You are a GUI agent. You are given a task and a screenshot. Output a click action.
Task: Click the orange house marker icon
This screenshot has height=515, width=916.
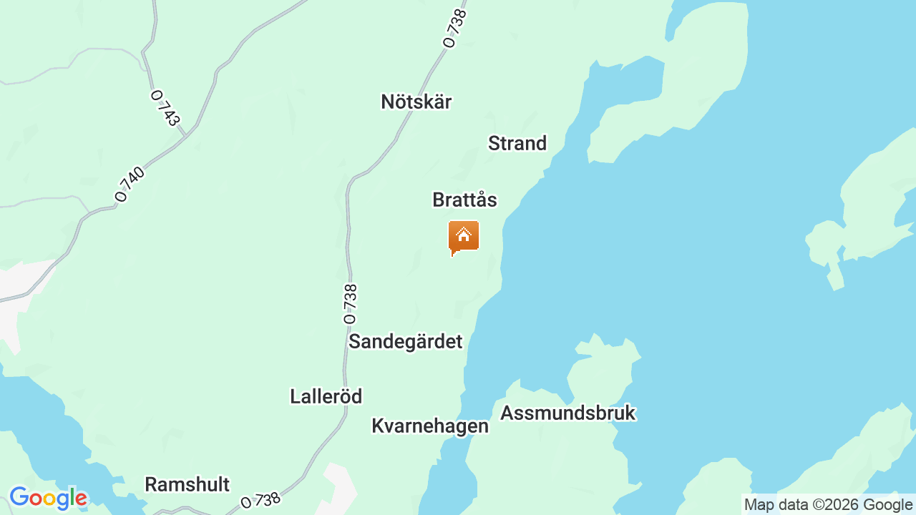coord(464,237)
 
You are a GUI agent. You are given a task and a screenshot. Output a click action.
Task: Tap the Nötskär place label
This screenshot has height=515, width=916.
coord(416,102)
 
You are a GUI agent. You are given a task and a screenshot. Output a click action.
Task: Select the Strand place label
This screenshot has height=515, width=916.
coord(517,143)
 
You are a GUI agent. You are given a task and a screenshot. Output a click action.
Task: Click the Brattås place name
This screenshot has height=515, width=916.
coord(464,200)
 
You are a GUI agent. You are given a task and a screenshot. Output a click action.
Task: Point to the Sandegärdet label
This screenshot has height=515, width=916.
coord(405,341)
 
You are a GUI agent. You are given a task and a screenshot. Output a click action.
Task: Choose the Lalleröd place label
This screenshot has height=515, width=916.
coord(326,396)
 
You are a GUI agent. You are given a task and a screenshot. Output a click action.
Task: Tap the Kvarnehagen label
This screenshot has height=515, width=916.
coord(429,426)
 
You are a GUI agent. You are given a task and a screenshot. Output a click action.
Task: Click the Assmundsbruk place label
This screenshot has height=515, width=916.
coord(567,413)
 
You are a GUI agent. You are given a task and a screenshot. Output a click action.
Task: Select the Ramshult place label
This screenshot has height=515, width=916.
coord(187,484)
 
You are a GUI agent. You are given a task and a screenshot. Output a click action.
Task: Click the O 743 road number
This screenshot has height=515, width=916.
coord(165,107)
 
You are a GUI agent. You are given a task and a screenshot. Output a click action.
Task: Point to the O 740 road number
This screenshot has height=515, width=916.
coord(130,185)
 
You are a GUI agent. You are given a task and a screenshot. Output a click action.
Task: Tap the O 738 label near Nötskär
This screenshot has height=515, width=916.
coord(455,28)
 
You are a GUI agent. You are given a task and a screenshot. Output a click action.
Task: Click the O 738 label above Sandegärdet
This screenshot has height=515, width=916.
coord(350,303)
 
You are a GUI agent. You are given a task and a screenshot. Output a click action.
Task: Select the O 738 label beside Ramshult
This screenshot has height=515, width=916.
coord(260,500)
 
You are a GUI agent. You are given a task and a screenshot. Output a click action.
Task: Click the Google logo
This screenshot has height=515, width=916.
coord(48,498)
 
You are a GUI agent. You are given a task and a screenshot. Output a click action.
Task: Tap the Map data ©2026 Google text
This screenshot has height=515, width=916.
coord(828,504)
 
